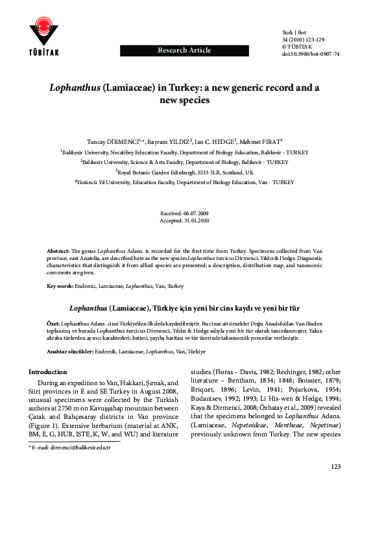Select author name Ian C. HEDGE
click(217, 141)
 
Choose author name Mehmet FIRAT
click(262, 141)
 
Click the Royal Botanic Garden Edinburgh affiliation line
click(193, 172)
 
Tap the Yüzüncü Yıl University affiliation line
click(193, 183)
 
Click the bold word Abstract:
click(58, 250)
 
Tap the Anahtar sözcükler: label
click(70, 351)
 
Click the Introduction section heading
click(47, 372)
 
